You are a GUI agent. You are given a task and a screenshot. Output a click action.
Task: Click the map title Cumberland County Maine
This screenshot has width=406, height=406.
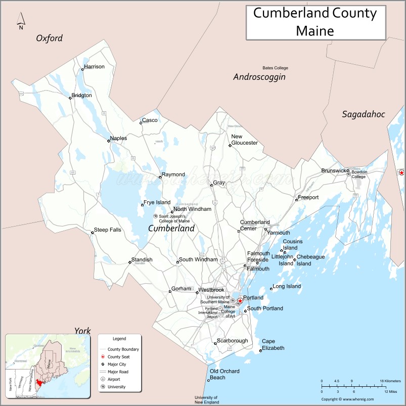pyautogui.click(x=314, y=22)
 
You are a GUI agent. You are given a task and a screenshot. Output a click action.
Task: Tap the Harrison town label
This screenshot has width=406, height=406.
pyautogui.click(x=94, y=67)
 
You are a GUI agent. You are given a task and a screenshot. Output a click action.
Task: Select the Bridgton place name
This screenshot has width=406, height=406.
pyautogui.click(x=81, y=95)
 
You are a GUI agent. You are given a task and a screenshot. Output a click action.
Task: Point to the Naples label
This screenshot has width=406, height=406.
pyautogui.click(x=118, y=138)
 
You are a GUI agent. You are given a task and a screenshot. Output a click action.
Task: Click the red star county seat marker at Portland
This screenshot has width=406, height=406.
pyautogui.click(x=240, y=301)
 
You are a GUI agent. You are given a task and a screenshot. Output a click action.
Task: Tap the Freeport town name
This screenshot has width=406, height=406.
pyautogui.click(x=308, y=197)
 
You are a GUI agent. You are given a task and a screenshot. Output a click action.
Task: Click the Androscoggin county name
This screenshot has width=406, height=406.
pyautogui.click(x=259, y=77)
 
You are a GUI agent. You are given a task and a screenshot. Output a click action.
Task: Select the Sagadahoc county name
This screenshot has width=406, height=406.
pyautogui.click(x=363, y=114)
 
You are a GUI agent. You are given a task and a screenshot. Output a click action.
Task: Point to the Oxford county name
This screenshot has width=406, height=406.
pyautogui.click(x=49, y=38)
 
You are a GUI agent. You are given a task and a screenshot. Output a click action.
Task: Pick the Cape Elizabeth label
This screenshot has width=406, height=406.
pyautogui.click(x=273, y=345)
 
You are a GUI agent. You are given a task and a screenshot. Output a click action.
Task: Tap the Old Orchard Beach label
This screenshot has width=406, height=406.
pyautogui.click(x=224, y=374)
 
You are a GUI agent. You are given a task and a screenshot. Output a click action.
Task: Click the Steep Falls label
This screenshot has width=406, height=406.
pyautogui.click(x=108, y=230)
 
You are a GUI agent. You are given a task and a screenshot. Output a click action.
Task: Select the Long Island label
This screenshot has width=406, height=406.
pyautogui.click(x=287, y=286)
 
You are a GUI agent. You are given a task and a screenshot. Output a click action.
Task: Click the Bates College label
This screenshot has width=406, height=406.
pyautogui.click(x=275, y=68)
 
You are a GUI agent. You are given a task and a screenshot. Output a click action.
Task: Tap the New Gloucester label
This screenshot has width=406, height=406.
pyautogui.click(x=244, y=140)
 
